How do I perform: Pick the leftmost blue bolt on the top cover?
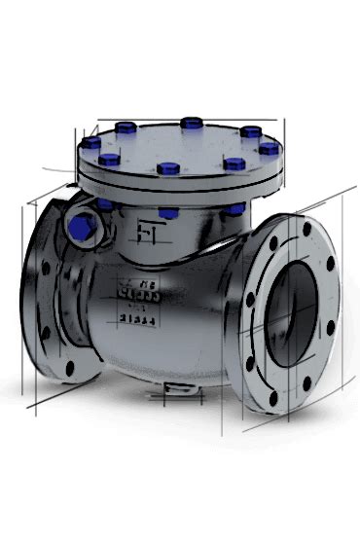coord(92,143)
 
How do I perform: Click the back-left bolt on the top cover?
coord(128,127)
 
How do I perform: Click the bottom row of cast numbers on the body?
coord(134,316)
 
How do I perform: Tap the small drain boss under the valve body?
coord(176,392)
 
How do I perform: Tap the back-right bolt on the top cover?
coord(250,130)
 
